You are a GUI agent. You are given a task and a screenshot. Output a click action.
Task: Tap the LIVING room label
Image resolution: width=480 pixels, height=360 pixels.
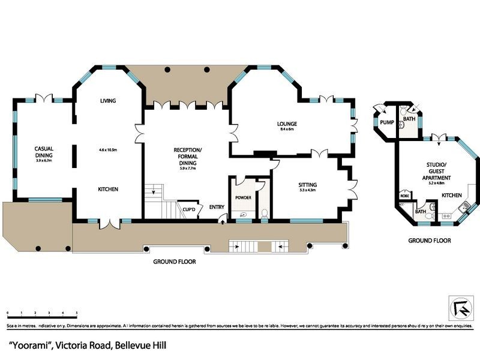point(108,101)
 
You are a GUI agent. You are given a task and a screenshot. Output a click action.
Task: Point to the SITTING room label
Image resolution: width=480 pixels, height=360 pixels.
point(308,185)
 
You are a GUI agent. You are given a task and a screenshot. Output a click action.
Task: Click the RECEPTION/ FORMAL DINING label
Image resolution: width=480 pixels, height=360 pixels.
point(188,155)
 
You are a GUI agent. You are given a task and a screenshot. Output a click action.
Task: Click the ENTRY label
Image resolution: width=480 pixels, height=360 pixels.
point(216,208)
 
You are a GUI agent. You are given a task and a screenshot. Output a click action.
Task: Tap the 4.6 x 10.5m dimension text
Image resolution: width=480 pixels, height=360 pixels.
point(108,150)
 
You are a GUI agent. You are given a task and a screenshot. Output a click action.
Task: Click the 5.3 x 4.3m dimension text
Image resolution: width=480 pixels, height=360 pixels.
point(308,191)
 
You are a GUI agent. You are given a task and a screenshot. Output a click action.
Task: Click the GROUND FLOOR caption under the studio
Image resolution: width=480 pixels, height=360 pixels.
point(430,240)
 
